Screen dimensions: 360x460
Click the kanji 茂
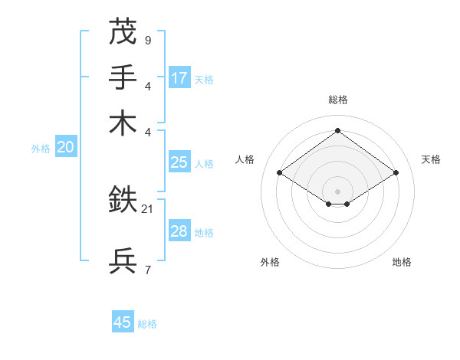pyautogui.click(x=123, y=31)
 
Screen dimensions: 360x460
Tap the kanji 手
pyautogui.click(x=123, y=77)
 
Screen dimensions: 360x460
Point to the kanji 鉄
pyautogui.click(x=123, y=200)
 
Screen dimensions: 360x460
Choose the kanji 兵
pyautogui.click(x=123, y=261)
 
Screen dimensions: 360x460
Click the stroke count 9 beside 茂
pyautogui.click(x=147, y=40)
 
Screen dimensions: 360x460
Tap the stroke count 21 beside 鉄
pyautogui.click(x=148, y=208)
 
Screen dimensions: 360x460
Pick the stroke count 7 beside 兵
pyautogui.click(x=147, y=270)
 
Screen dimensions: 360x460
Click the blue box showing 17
pyautogui.click(x=179, y=77)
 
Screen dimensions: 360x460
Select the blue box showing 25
pyautogui.click(x=179, y=162)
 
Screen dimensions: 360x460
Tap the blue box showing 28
pyautogui.click(x=179, y=231)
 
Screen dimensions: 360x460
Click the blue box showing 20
pyautogui.click(x=65, y=148)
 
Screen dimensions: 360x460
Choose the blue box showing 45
pyautogui.click(x=123, y=322)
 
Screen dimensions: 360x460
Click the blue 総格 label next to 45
pyautogui.click(x=147, y=324)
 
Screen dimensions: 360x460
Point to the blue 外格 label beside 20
pyautogui.click(x=41, y=149)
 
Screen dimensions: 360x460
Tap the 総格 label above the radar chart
pyautogui.click(x=337, y=100)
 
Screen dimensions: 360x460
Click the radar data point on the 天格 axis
pyautogui.click(x=396, y=173)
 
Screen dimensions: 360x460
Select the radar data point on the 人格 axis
pyautogui.click(x=280, y=173)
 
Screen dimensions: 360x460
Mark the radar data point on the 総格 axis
pyautogui.click(x=337, y=131)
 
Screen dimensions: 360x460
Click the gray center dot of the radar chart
pyautogui.click(x=337, y=191)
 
